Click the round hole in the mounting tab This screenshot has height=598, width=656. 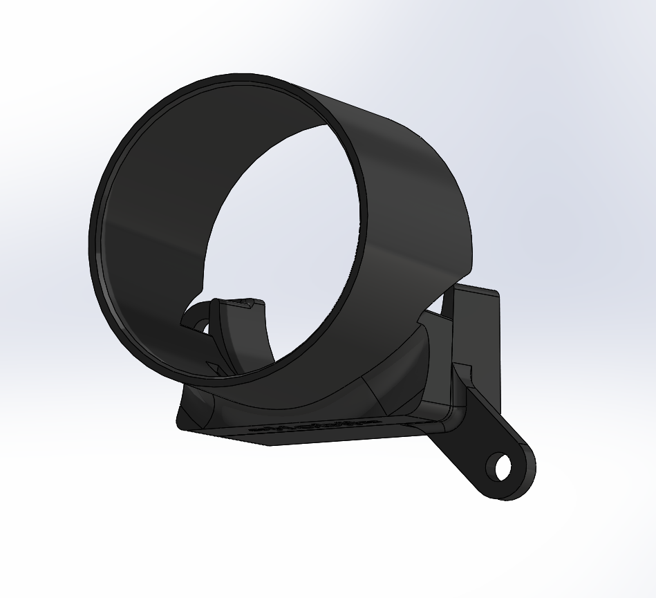(503, 467)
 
